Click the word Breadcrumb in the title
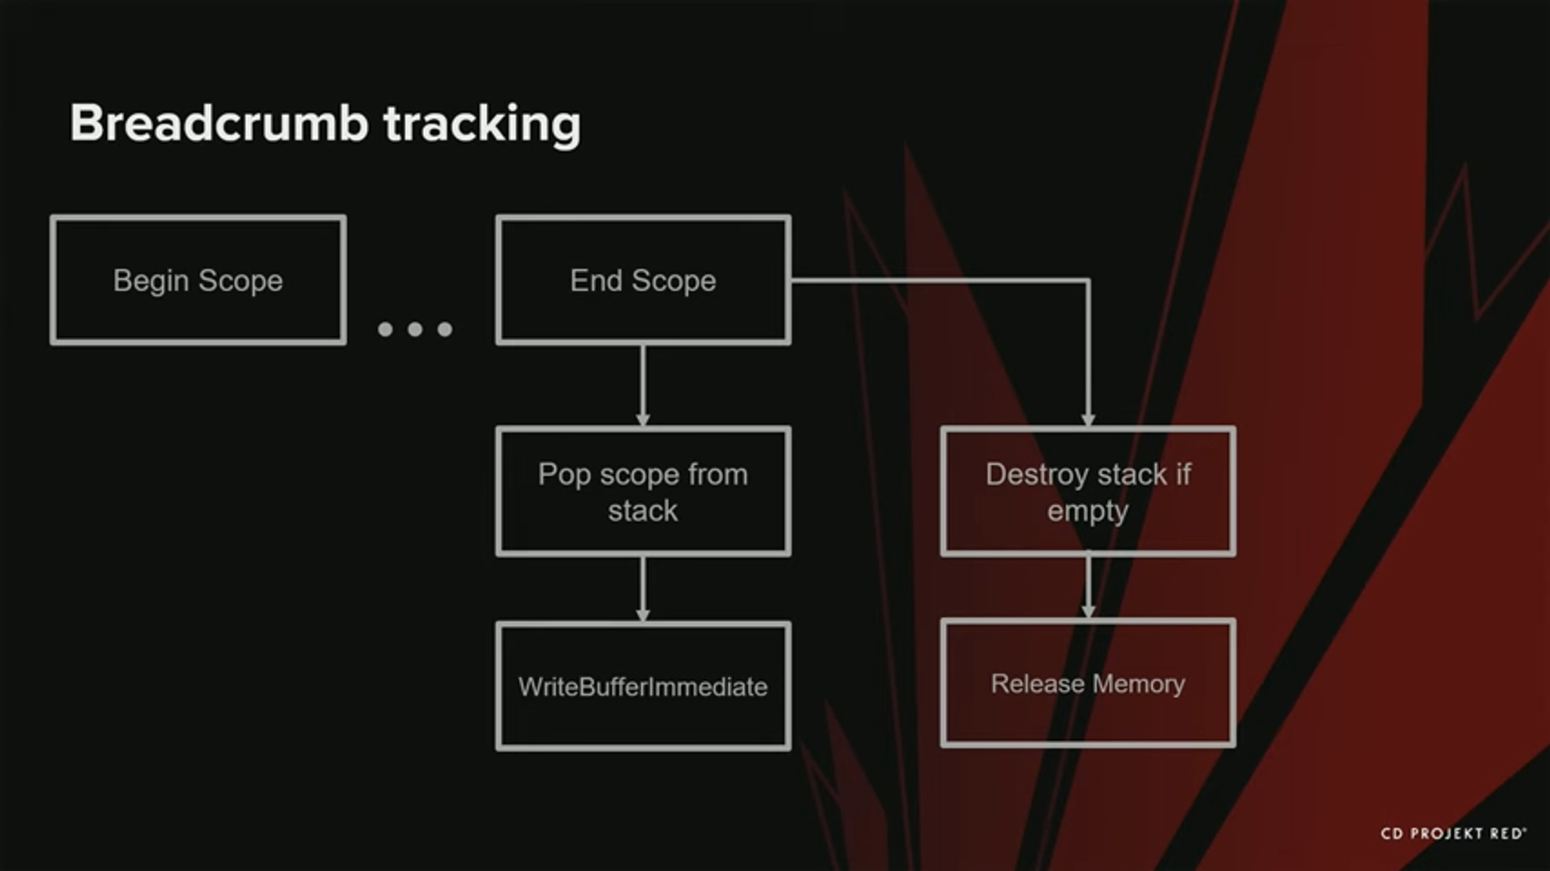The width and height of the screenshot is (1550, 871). click(218, 122)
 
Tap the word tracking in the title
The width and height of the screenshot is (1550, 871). click(481, 124)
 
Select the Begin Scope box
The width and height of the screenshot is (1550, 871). click(198, 280)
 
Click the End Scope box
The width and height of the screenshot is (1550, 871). click(643, 280)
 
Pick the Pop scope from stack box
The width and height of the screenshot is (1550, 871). click(643, 491)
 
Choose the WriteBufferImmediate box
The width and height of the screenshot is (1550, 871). click(643, 686)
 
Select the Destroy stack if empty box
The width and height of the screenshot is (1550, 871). click(1088, 491)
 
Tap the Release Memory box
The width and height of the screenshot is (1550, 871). click(1088, 683)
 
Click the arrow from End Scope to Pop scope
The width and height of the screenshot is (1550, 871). click(643, 383)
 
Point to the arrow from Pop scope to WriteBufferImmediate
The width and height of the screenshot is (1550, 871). click(643, 587)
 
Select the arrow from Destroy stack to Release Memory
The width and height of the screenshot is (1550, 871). click(1088, 586)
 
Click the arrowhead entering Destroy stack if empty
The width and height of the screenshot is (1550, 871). click(1088, 419)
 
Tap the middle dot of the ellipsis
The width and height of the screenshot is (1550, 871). click(415, 329)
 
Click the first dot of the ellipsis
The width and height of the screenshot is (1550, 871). click(385, 329)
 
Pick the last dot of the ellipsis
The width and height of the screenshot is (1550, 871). click(444, 329)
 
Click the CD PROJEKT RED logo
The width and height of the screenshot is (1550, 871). click(1452, 833)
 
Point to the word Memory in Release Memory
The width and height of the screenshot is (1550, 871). click(1138, 683)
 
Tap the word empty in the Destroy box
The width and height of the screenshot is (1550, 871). click(1088, 511)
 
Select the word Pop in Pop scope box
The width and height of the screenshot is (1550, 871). click(564, 475)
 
